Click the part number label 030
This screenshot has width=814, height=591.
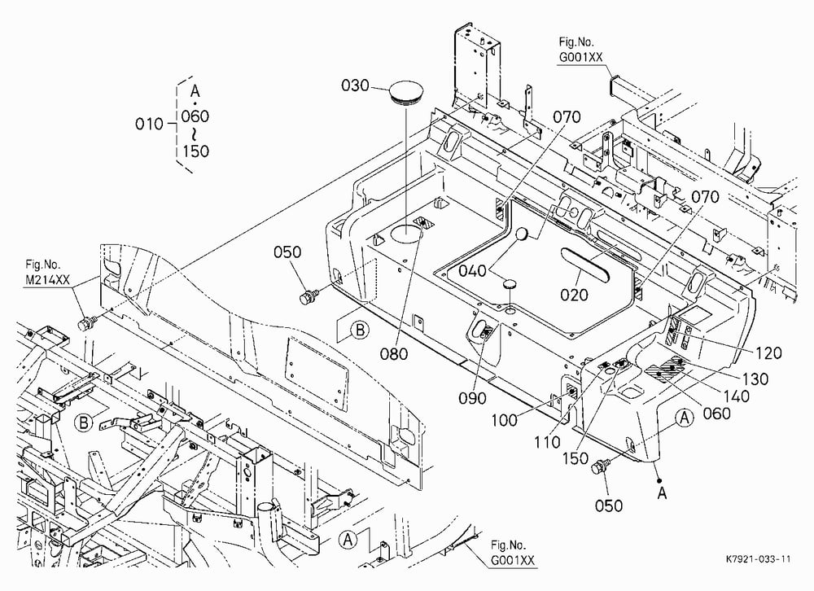coord(355,85)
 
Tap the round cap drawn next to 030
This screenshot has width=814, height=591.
coord(405,93)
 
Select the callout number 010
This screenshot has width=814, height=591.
coord(149,124)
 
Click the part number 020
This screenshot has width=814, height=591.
coord(574,295)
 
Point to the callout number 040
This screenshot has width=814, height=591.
coord(472,270)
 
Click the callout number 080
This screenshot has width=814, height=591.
coord(394,354)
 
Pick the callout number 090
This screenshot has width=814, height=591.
coord(472,398)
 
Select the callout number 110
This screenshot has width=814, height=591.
coord(547,443)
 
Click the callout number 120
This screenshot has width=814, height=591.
coord(768,353)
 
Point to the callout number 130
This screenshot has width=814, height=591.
coord(755,379)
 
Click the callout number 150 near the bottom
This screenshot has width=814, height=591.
coord(575,458)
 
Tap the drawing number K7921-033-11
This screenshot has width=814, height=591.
coord(759,558)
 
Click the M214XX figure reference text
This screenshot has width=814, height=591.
coord(47,280)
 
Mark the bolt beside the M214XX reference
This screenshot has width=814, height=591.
coord(84,324)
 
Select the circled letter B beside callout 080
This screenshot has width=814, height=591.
coord(360,330)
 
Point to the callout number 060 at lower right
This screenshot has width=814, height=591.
coord(716,414)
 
